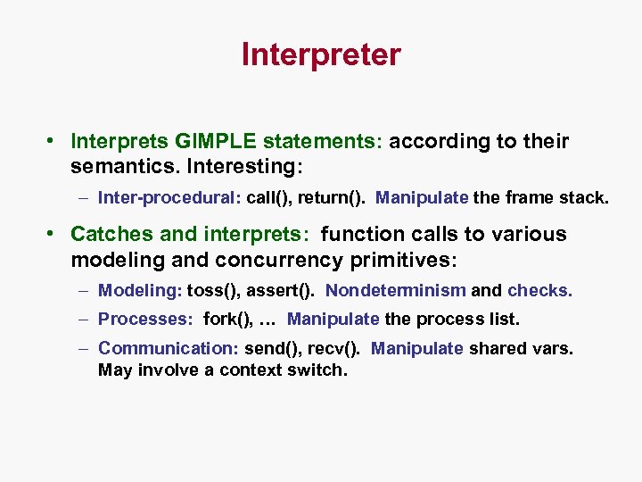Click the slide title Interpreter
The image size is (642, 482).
click(321, 55)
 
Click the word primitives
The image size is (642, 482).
click(409, 260)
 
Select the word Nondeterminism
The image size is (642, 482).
click(396, 290)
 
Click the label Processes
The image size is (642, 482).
click(146, 319)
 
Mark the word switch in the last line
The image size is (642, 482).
click(317, 370)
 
